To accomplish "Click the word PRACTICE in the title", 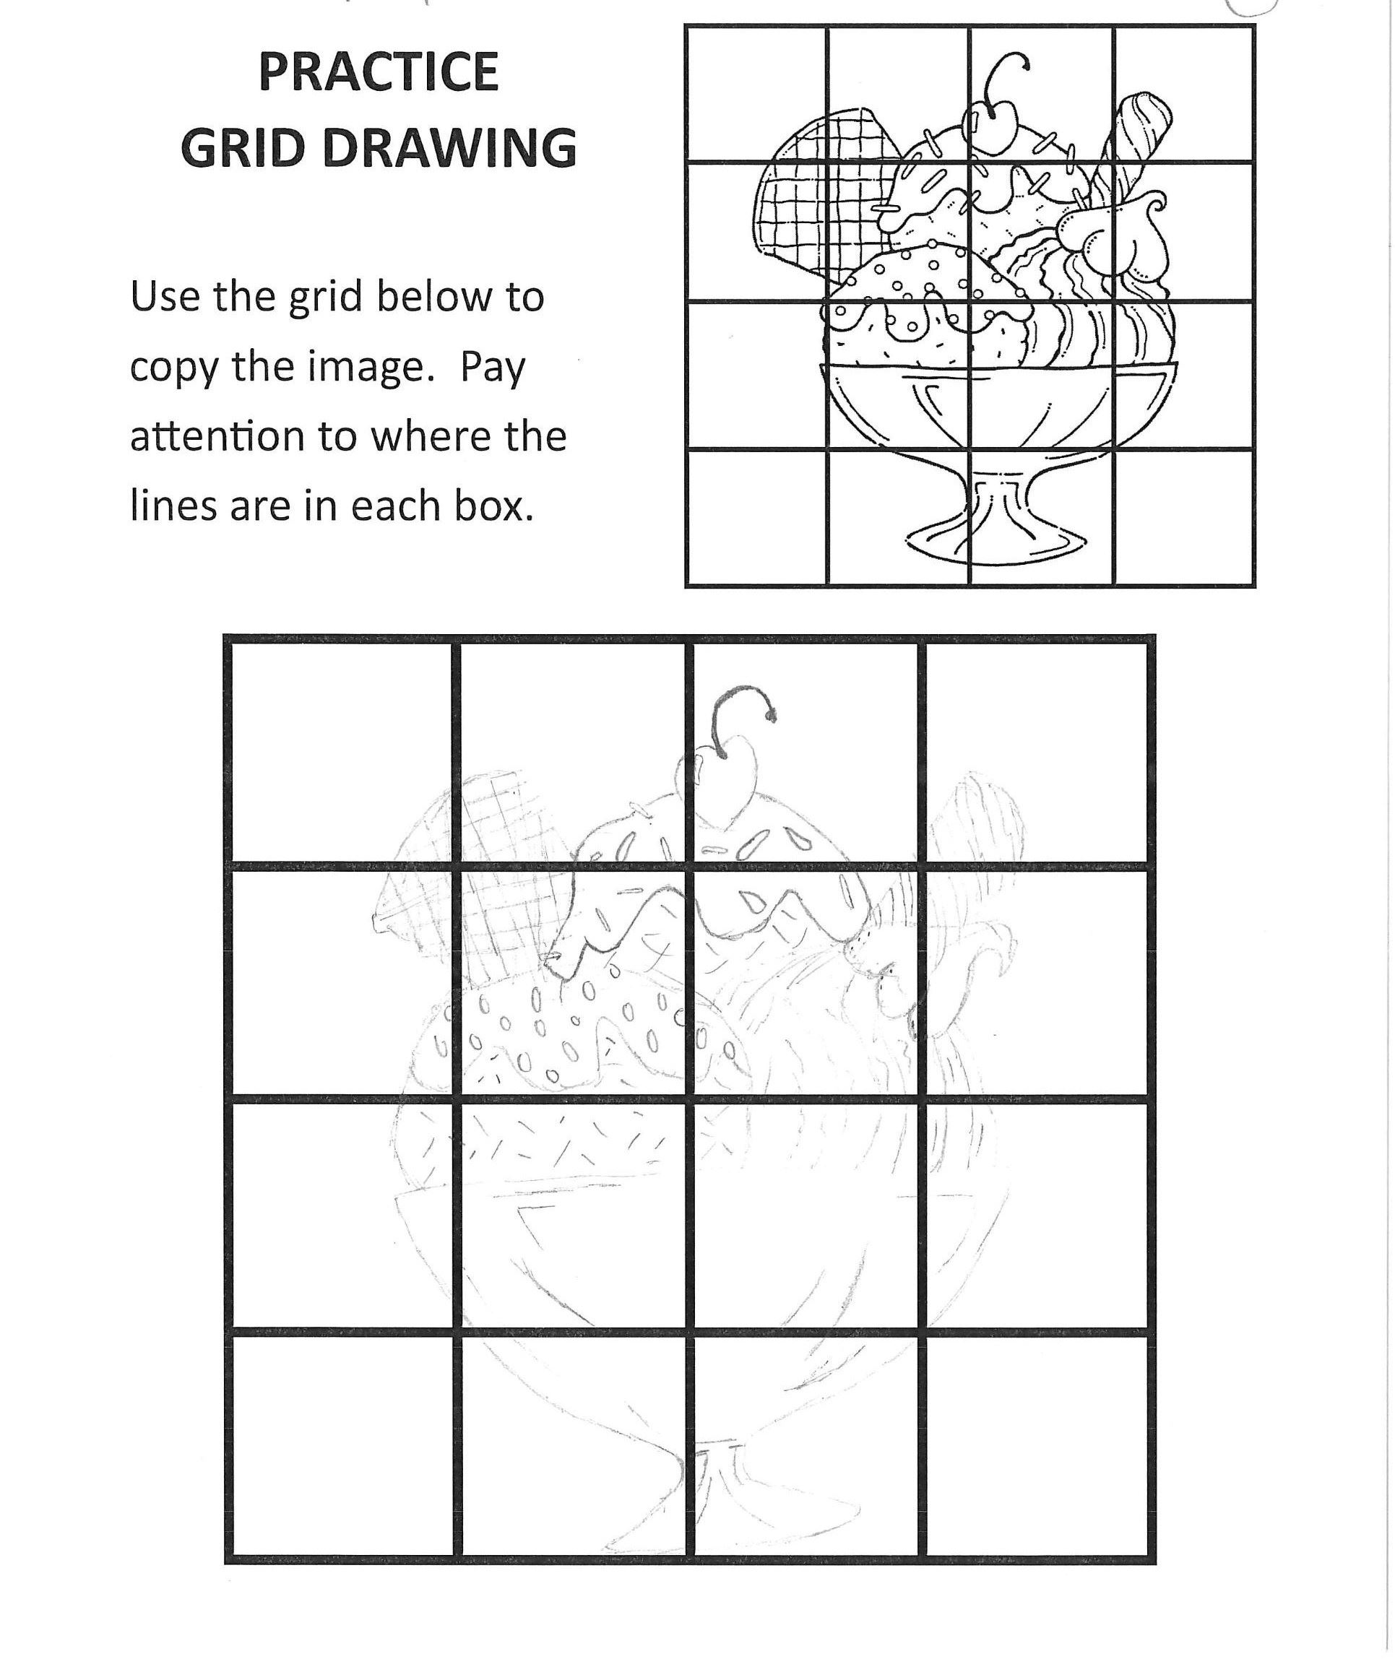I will pos(378,73).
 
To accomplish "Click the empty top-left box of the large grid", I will pos(342,752).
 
